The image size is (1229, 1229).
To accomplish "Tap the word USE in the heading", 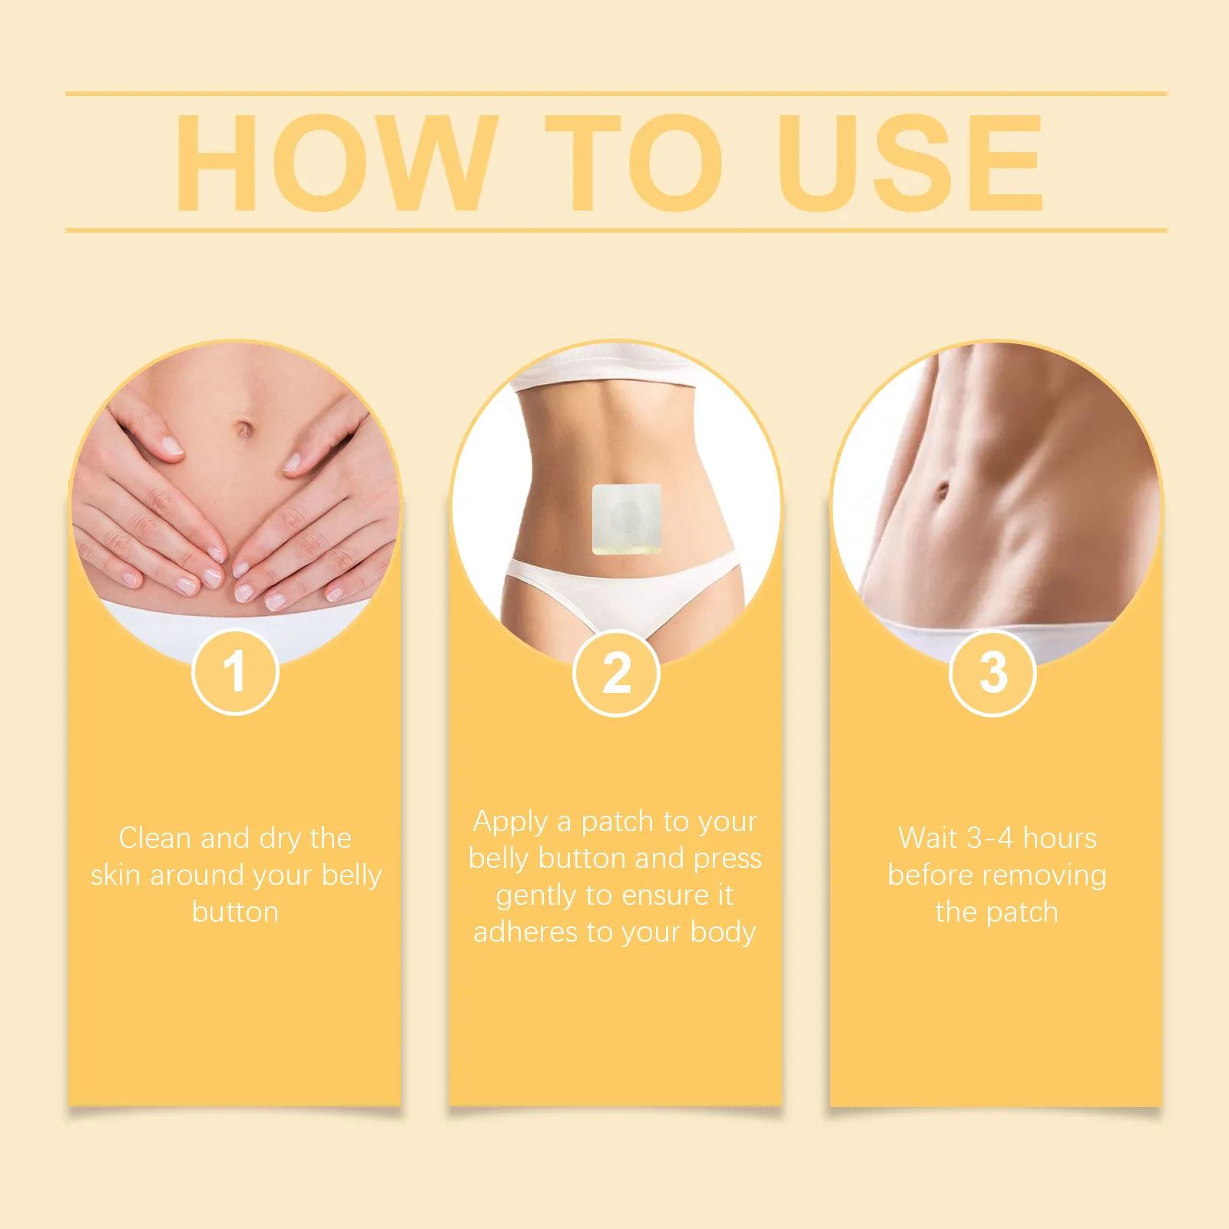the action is pyautogui.click(x=911, y=162).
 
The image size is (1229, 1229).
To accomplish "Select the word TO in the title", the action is pyautogui.click(x=635, y=162).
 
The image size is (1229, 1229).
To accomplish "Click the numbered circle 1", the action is pyautogui.click(x=234, y=672).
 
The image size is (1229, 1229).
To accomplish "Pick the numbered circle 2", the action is pyautogui.click(x=616, y=673).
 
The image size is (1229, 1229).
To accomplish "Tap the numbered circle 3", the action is pyautogui.click(x=993, y=673).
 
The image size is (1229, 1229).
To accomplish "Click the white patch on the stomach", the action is pyautogui.click(x=627, y=518).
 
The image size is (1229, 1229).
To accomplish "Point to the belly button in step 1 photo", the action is pyautogui.click(x=244, y=429).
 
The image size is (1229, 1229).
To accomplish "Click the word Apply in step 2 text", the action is pyautogui.click(x=510, y=823).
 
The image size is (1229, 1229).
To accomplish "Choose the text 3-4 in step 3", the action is pyautogui.click(x=990, y=838).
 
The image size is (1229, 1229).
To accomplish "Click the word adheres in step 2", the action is pyautogui.click(x=526, y=932).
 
